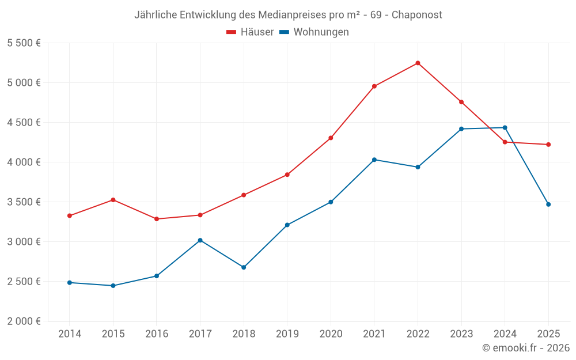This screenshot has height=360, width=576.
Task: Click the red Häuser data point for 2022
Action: coord(418,63)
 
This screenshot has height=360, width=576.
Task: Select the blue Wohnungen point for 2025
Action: coord(548,204)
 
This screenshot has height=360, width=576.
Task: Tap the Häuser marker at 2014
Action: coord(70,216)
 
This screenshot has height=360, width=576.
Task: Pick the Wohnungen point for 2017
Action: coord(200,240)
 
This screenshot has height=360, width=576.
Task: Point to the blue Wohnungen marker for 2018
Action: coord(244,267)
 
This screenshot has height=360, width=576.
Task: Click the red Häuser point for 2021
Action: coord(374,86)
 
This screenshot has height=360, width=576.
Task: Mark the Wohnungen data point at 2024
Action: coord(505,128)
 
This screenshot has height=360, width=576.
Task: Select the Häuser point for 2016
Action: coord(157,219)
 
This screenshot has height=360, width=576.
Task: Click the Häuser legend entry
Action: coord(250,32)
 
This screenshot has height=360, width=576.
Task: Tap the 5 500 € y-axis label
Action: coord(24,43)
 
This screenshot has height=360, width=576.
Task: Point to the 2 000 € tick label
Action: coord(24,321)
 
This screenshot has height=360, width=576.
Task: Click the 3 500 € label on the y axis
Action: coord(24,202)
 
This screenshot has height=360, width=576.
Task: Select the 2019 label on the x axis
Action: coord(287,334)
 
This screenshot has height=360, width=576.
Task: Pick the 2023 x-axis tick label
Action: coord(461,334)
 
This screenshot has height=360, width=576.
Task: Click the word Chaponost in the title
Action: coord(417,15)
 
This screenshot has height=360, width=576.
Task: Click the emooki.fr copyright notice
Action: coord(525,348)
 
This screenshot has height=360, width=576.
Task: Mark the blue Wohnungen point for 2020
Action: coord(331,202)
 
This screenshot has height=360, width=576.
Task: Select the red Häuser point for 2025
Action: coord(548,145)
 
